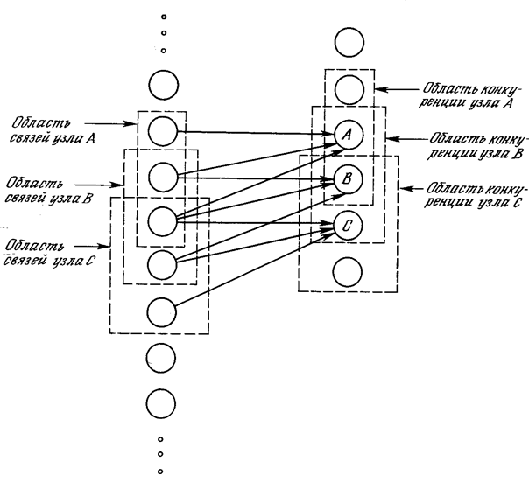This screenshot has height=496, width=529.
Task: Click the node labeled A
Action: [349, 135]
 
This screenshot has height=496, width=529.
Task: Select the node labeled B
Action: [349, 179]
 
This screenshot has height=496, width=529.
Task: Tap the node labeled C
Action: [349, 226]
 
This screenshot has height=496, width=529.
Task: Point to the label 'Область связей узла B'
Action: [48, 192]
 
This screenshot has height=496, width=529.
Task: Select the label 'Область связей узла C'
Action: [49, 254]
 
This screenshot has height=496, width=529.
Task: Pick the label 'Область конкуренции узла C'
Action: [474, 195]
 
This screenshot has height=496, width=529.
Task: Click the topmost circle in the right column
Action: [349, 43]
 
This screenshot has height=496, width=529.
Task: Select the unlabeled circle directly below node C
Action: [348, 272]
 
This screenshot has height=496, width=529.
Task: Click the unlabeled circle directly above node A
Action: [349, 90]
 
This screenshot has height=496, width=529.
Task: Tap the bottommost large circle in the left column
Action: [161, 403]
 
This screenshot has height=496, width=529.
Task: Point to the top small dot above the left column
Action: [164, 17]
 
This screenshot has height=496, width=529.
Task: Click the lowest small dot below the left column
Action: [160, 472]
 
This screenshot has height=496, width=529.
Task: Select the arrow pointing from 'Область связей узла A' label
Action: [110, 123]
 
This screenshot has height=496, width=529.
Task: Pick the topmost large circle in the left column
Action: [164, 85]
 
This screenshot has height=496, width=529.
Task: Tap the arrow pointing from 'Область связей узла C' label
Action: [92, 247]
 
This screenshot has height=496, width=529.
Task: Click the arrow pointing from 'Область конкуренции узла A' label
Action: [397, 89]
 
